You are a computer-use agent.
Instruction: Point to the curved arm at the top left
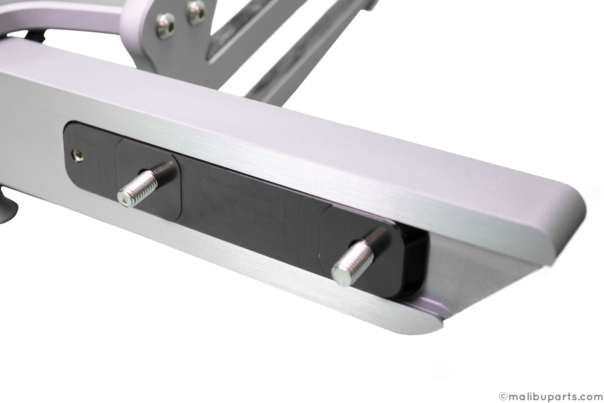coord(54,21)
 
